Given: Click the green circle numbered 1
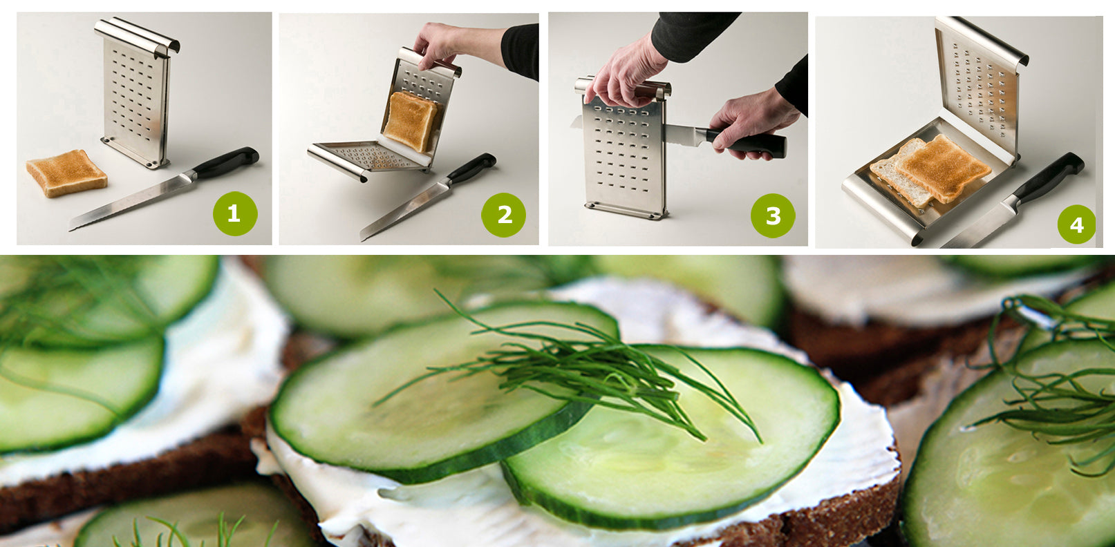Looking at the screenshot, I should point(234,213).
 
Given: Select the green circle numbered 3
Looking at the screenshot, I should point(773,215).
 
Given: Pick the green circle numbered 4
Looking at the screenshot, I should point(1076,224).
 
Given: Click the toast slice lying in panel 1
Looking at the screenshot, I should point(66,172).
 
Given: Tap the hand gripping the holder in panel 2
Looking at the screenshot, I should point(442,41).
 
